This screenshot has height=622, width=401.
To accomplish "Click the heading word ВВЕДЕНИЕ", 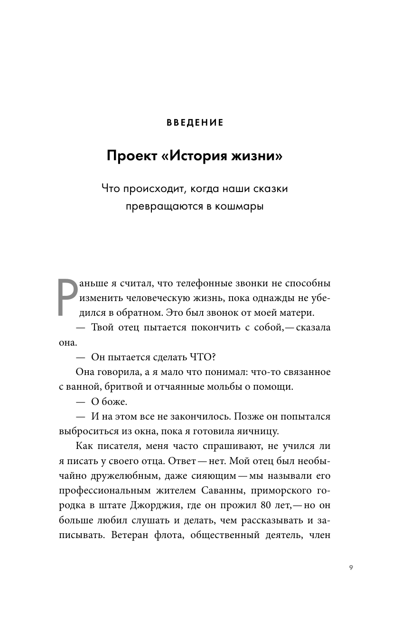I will [x=195, y=123].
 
